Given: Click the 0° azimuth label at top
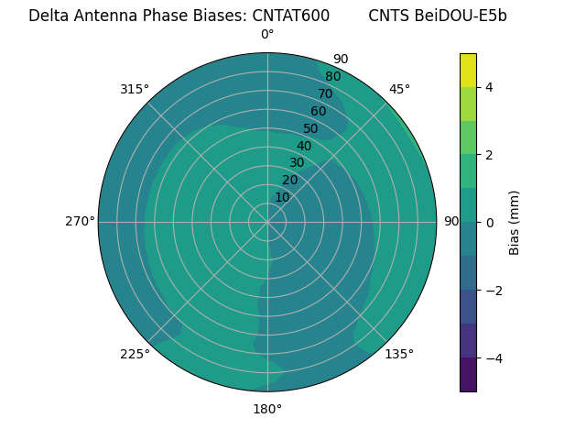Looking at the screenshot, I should coord(267,35).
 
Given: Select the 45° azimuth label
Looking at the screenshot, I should coord(399,89).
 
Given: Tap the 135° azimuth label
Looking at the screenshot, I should coord(399,354).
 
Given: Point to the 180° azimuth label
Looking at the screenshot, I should coord(267,409).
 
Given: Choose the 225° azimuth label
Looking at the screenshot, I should coord(135,354).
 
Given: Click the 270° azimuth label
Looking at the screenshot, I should coord(80,221).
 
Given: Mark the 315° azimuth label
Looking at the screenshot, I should coord(135,89).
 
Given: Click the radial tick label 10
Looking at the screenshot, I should coord(282,197).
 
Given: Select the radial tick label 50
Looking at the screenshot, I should coord(310,128).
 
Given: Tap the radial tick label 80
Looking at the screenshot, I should coord(332,76).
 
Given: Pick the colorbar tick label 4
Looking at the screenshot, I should coord(490,87).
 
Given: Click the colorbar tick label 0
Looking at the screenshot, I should coord(490,222).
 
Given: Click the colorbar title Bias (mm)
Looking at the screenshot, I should coord(515,222).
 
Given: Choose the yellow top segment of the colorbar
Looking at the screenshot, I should coord(468,70).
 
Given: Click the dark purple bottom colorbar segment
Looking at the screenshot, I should coord(468,374).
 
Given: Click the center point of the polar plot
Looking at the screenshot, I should coord(267,222).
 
